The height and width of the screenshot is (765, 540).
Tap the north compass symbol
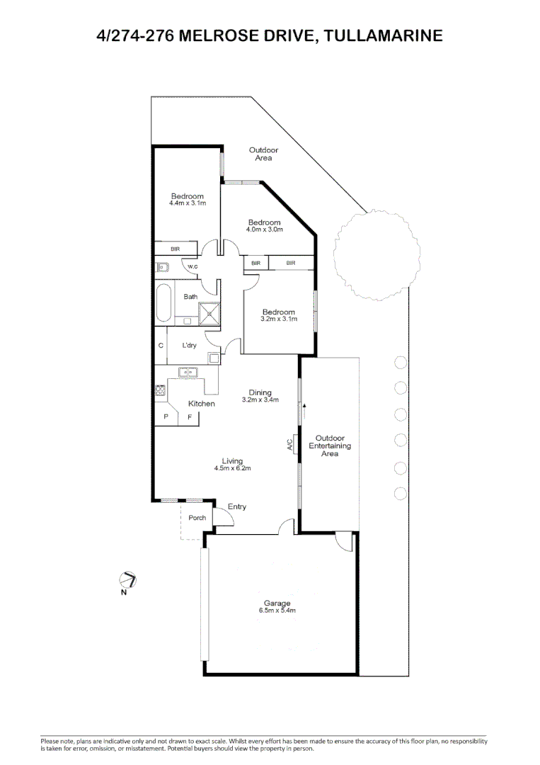pos(128,580)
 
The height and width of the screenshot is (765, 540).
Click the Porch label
pos(197,518)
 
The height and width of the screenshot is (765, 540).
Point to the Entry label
pos(237,506)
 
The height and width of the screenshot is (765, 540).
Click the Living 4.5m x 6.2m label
pos(233,465)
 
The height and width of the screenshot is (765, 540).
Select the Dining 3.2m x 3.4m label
pos(260,396)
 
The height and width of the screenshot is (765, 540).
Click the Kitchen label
pos(201,404)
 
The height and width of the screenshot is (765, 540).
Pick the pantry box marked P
pos(166,418)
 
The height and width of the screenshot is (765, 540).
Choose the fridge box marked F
pos(189,418)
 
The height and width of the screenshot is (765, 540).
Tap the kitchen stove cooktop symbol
pos(161,390)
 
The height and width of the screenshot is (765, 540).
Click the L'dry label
pos(189,346)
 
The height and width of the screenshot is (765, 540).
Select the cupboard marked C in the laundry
pos(161,346)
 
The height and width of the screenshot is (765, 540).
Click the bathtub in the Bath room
pos(163,301)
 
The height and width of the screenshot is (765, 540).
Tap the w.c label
pos(192,266)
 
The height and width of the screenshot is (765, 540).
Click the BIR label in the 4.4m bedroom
pos(176,249)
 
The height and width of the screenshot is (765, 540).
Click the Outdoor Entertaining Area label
pos(330,446)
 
